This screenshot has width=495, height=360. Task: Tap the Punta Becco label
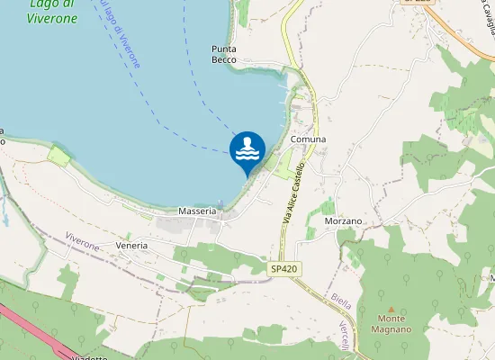click(x=223, y=54)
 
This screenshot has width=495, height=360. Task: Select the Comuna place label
click(x=308, y=139)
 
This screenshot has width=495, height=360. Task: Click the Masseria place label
click(x=197, y=211)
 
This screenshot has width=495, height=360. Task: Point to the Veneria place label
click(x=130, y=246)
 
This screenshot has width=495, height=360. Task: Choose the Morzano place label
click(x=342, y=220)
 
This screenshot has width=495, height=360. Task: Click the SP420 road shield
click(x=283, y=268)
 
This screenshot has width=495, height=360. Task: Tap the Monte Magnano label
click(x=391, y=324)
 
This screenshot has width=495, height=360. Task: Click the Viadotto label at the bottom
click(x=87, y=357)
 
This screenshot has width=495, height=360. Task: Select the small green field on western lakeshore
click(x=58, y=156)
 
